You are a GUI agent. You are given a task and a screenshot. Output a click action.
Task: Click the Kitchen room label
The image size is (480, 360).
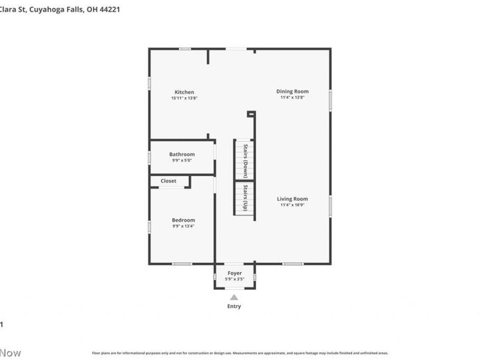(184, 92)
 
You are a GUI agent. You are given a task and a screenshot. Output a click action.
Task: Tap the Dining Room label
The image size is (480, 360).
(292, 91)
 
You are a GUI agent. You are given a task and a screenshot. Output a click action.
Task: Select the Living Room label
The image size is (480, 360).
(292, 199)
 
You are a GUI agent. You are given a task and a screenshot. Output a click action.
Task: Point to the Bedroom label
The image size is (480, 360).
(184, 220)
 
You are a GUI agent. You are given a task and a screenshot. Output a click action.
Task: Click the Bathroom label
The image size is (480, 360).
(182, 154)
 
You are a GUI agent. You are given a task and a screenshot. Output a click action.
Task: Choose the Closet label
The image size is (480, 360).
(169, 181)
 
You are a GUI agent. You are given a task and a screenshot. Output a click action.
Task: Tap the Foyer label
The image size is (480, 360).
(234, 273)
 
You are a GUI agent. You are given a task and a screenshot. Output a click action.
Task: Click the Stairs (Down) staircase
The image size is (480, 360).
(244, 160)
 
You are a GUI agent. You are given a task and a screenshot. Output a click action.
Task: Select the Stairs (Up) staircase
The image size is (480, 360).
(244, 198)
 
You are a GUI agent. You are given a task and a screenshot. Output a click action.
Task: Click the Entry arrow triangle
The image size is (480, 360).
(234, 297)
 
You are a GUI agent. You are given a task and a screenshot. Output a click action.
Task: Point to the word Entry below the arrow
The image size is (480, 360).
(234, 307)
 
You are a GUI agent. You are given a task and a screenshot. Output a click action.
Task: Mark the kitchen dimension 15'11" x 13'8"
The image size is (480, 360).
(184, 98)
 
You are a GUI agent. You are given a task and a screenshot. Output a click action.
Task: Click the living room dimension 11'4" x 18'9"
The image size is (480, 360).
(292, 205)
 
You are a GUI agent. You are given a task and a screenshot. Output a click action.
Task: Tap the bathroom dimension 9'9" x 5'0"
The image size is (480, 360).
(182, 161)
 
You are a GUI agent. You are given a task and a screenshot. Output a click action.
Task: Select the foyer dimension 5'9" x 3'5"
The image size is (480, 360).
(234, 279)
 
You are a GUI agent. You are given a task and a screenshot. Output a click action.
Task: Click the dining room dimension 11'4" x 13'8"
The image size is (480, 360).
(292, 97)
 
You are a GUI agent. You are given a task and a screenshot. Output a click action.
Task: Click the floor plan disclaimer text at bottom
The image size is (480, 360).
(240, 353)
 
